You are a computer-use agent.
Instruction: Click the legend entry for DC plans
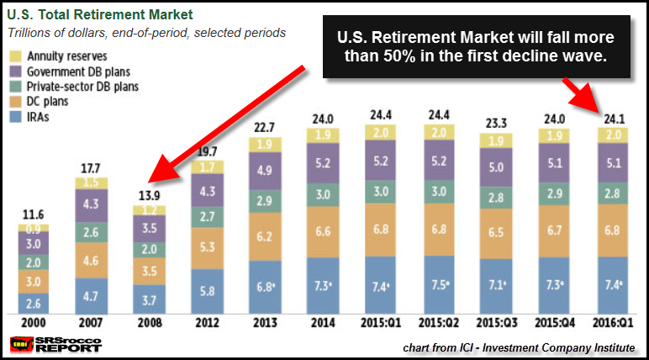[x=42, y=102]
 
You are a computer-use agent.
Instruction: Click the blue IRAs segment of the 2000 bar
[x=34, y=301]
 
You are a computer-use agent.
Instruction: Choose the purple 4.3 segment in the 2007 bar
[x=92, y=204]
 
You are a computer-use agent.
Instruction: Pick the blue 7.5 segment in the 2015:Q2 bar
[x=438, y=284]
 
